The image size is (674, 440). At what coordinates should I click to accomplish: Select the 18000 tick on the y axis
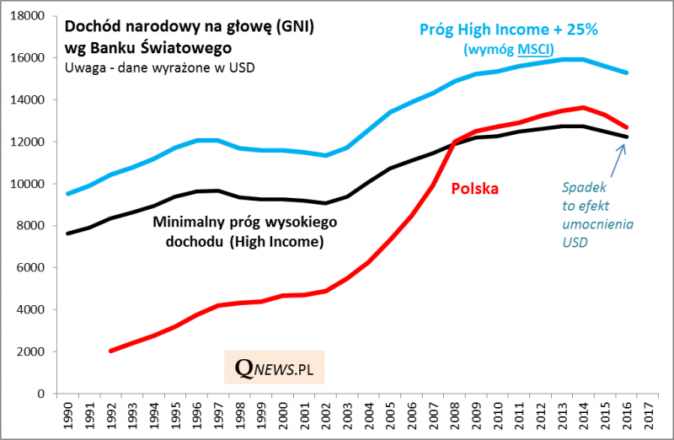click(x=28, y=16)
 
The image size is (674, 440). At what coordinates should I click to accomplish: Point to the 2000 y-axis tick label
click(x=31, y=351)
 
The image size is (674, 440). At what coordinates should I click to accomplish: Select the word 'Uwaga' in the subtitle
click(x=83, y=67)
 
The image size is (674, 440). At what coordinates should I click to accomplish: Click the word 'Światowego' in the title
click(x=188, y=47)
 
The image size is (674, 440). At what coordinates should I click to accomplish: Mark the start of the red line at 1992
click(x=111, y=351)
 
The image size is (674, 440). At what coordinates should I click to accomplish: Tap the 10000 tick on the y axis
click(x=28, y=184)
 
